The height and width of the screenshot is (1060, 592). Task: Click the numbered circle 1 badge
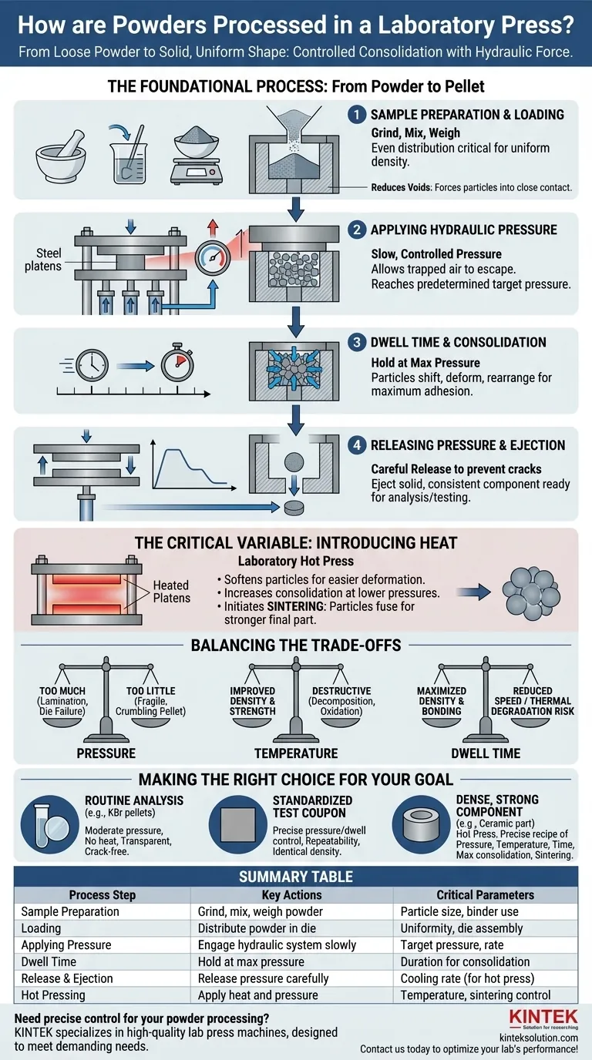coord(356,116)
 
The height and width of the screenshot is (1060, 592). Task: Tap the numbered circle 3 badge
coord(356,343)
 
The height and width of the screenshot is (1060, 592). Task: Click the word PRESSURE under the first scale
coord(106,753)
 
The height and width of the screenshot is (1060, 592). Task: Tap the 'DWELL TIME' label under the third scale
coord(485,753)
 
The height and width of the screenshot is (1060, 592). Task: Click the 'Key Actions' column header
coord(292,894)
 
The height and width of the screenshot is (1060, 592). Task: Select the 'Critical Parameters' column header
coord(485,894)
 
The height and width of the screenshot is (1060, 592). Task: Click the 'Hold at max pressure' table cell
coord(251,961)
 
